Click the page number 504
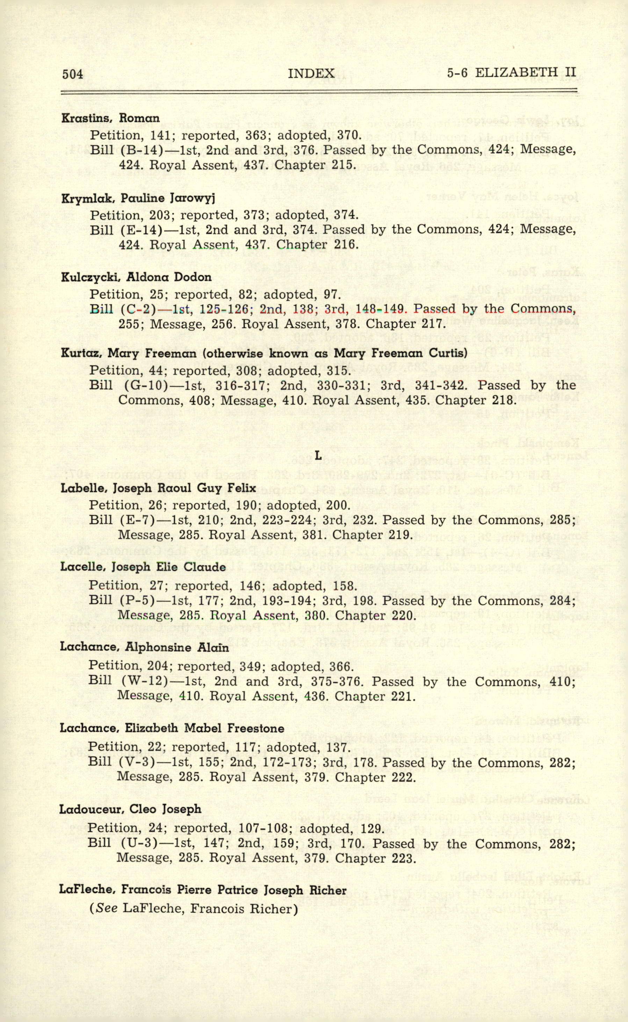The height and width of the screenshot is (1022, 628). click(x=73, y=74)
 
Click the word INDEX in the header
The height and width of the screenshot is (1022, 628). click(x=311, y=73)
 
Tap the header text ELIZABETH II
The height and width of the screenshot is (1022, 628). click(x=525, y=73)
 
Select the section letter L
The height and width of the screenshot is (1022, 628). click(x=318, y=456)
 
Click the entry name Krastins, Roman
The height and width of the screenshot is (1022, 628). click(x=110, y=118)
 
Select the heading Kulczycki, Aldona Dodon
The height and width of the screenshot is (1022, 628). click(x=136, y=277)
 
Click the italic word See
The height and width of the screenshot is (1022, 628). click(x=107, y=909)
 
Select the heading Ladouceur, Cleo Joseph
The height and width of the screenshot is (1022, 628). click(x=130, y=809)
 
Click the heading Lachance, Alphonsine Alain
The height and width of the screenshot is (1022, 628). click(x=144, y=647)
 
